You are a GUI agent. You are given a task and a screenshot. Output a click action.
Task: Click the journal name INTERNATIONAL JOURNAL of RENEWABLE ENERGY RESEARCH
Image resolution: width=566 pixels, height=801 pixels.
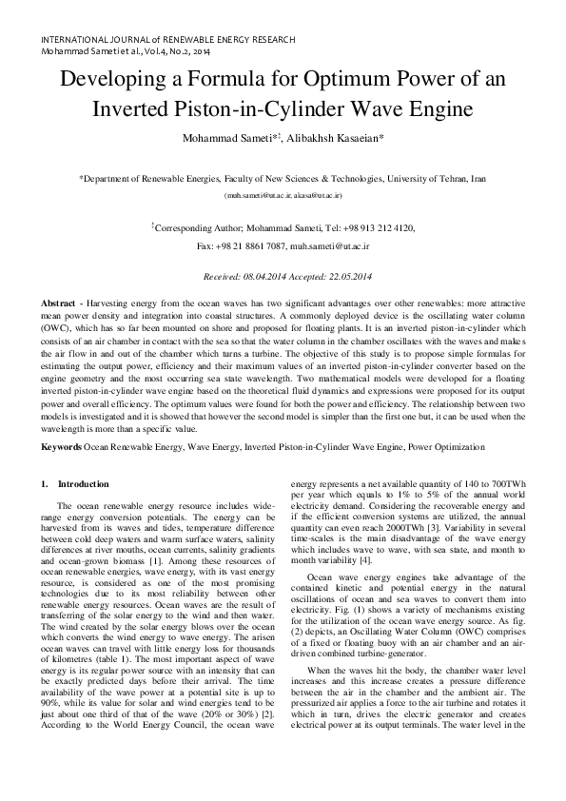pos(167,39)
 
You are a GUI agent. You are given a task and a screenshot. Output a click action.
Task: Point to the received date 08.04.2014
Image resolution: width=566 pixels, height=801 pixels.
pos(267,277)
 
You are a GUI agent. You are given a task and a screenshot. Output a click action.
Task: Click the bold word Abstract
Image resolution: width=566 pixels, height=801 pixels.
pos(58,302)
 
